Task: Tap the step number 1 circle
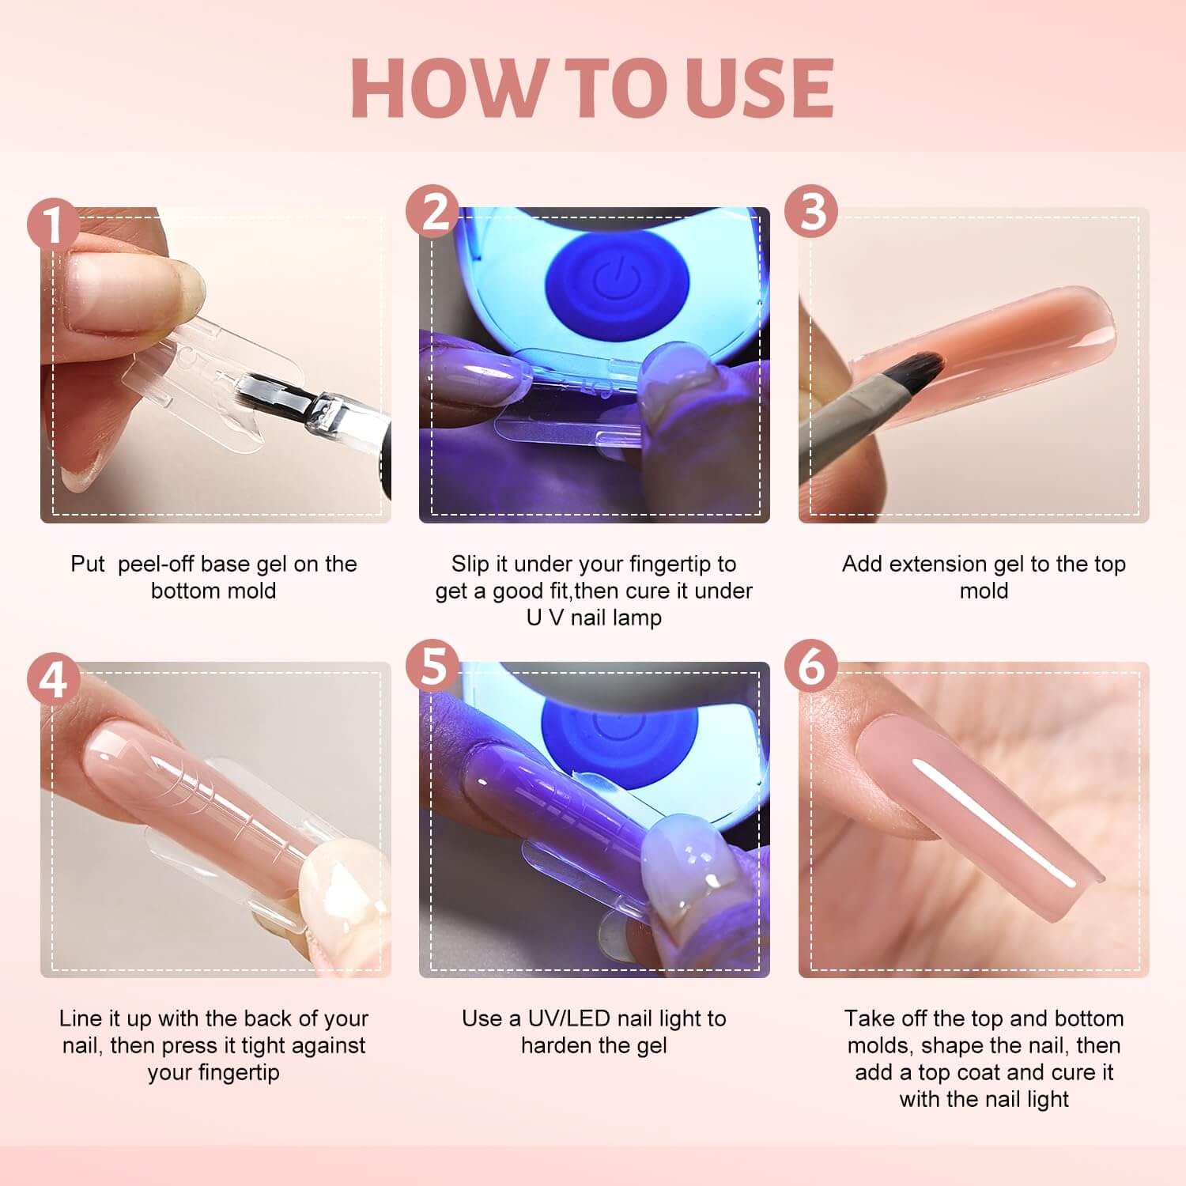coord(54,225)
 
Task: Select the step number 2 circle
coord(432,212)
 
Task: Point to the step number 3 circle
coord(811,212)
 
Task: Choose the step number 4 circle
coord(54,679)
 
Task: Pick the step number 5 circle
coord(432,667)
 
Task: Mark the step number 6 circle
coord(811,667)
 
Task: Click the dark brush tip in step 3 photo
coord(921,368)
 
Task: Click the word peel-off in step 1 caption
coord(157,564)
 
